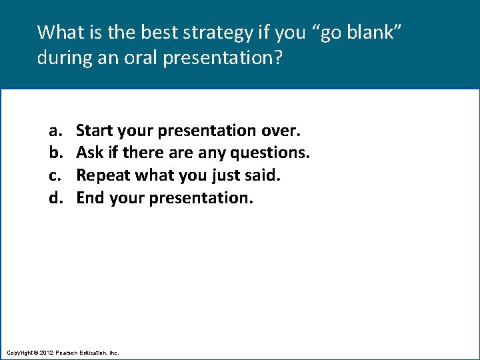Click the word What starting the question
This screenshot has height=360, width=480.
[58, 32]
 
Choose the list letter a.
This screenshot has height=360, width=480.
[53, 130]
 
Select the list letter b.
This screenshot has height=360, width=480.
[53, 153]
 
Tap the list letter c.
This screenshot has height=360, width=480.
[53, 175]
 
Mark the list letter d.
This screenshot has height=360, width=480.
[53, 198]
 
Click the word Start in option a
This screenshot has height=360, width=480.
[95, 130]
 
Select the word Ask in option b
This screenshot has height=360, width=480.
[90, 153]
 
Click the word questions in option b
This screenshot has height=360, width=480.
[270, 153]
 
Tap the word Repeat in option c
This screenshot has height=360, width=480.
[103, 175]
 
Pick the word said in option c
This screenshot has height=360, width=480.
[263, 175]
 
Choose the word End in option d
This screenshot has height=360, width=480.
[91, 198]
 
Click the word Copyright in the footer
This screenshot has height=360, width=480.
[20, 352]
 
